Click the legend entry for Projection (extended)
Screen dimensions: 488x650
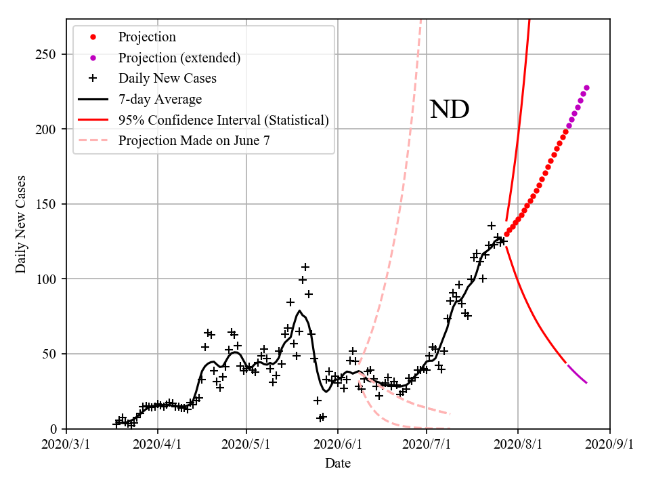(x=179, y=58)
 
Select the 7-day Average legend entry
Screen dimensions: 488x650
(x=160, y=100)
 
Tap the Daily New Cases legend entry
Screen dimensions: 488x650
(x=167, y=79)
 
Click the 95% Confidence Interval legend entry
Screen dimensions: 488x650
(x=223, y=120)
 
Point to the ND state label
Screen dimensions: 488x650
(x=450, y=110)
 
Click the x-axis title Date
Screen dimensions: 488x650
(x=338, y=464)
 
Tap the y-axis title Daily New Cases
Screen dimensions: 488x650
(x=22, y=224)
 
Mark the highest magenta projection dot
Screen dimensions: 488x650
(x=586, y=87)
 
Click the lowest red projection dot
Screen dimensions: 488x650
(x=506, y=234)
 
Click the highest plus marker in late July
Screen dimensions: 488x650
(x=492, y=226)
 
